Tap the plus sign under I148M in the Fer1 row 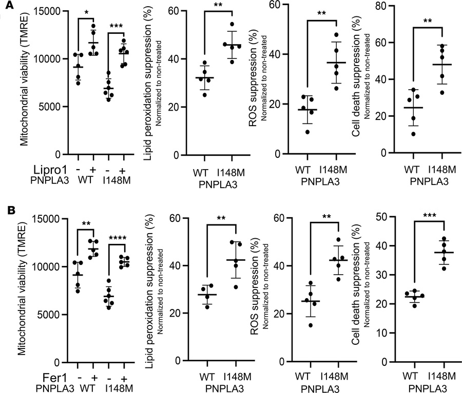coord(123,378)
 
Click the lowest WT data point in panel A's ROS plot coord(307,132)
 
